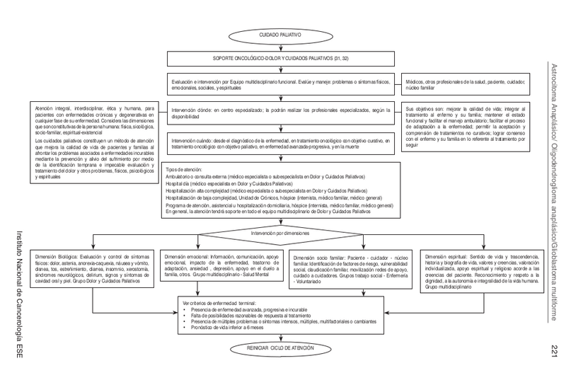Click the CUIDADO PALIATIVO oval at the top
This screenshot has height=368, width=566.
282,33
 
